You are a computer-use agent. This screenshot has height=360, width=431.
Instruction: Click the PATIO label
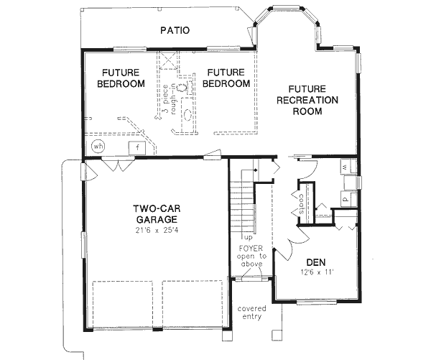[x=175, y=31]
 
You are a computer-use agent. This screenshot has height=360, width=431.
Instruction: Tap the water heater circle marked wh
[x=98, y=147]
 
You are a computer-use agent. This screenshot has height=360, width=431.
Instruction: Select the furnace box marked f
[x=136, y=148]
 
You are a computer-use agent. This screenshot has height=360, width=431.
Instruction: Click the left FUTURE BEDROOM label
[x=121, y=78]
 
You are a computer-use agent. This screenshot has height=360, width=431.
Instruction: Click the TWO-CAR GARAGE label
[x=155, y=213]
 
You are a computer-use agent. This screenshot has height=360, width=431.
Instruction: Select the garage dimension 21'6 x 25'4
[x=155, y=231]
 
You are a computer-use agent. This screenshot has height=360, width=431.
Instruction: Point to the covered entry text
[x=252, y=312]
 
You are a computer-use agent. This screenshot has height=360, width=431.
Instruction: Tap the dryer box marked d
[x=345, y=195]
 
